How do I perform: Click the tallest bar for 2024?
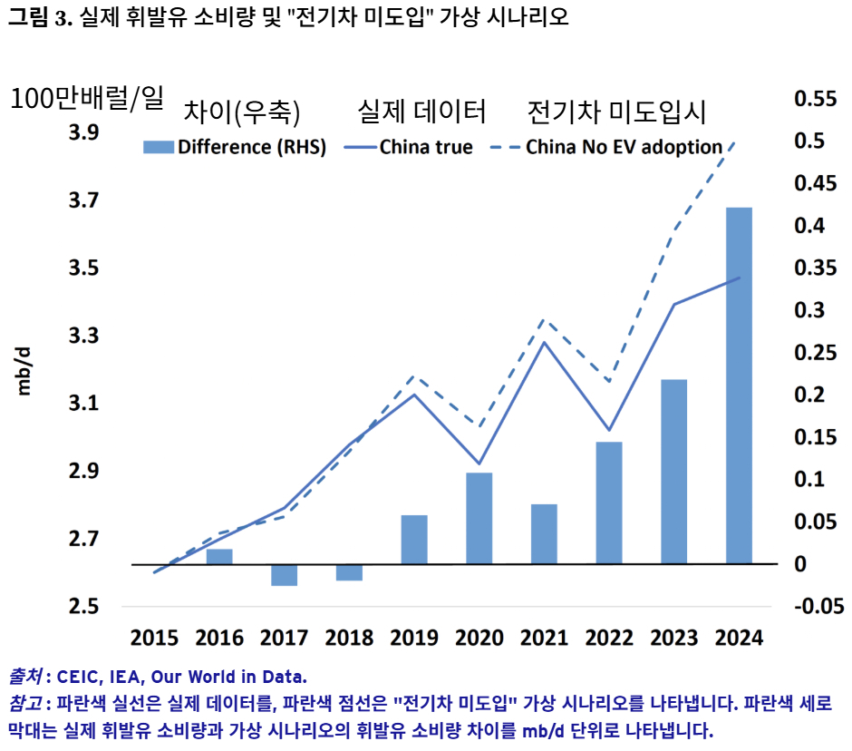pyautogui.click(x=739, y=385)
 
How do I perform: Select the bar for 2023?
pyautogui.click(x=673, y=472)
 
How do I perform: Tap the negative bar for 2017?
pyautogui.click(x=284, y=575)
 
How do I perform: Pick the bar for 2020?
pyautogui.click(x=479, y=518)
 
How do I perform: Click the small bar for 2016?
pyautogui.click(x=219, y=556)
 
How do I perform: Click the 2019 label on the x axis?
pyautogui.click(x=413, y=638)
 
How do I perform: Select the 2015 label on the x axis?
pyautogui.click(x=154, y=638)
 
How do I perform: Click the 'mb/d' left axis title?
pyautogui.click(x=24, y=370)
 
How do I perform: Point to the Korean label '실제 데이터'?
pyautogui.click(x=421, y=112)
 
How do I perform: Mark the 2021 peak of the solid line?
pyautogui.click(x=543, y=342)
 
